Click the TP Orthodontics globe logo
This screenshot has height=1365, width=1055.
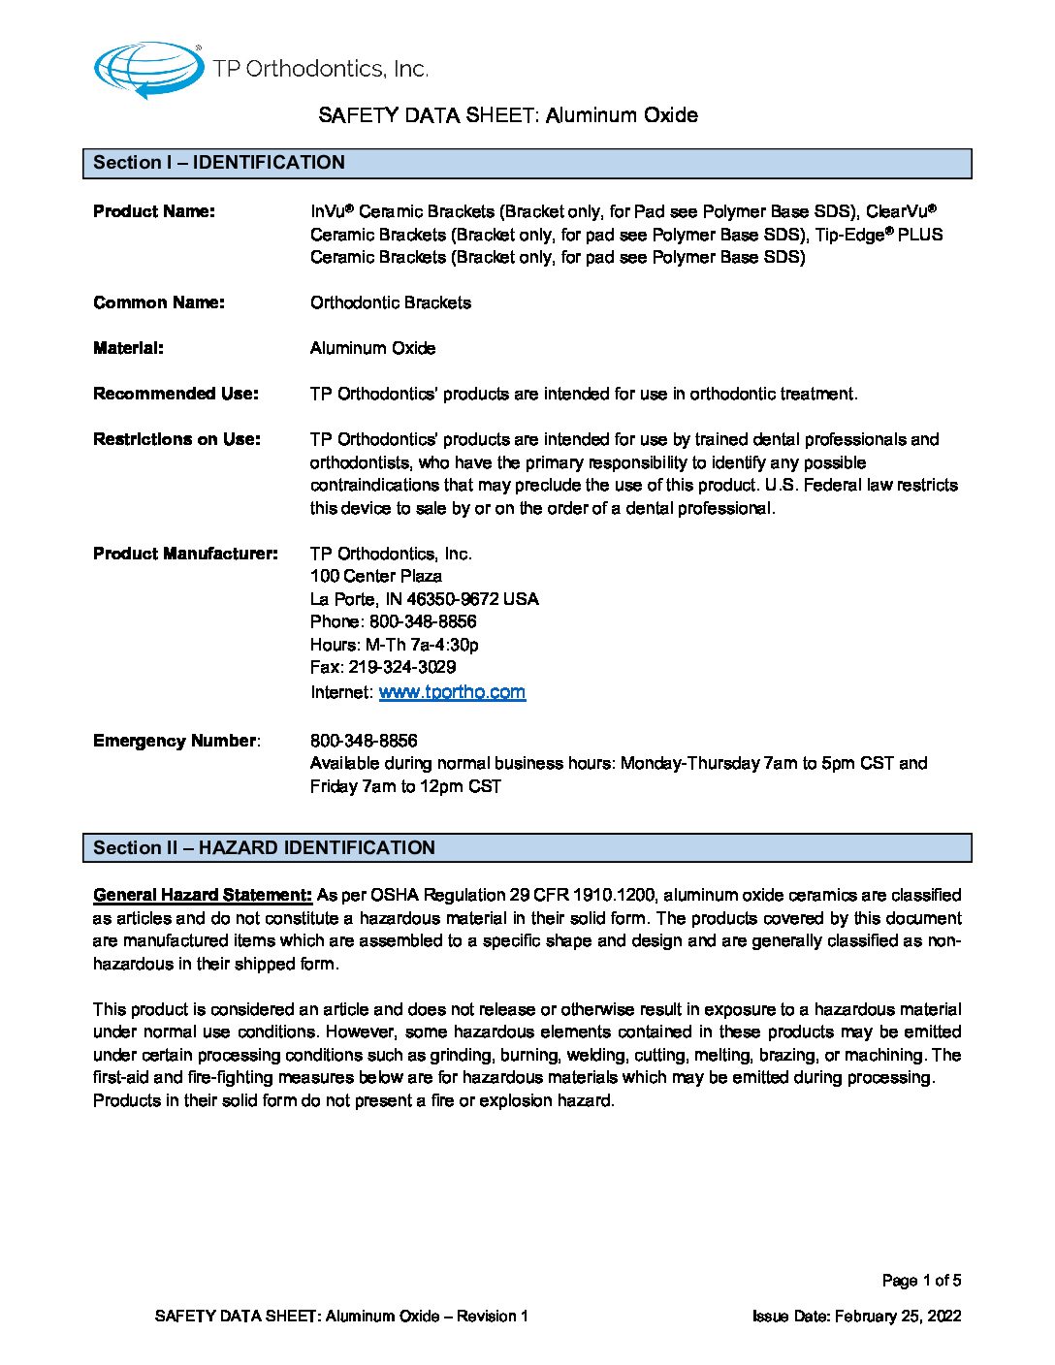tap(148, 69)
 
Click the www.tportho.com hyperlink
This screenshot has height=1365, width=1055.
tap(452, 692)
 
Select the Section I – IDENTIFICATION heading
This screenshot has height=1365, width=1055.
tap(219, 163)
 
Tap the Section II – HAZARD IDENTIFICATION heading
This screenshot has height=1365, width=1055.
tap(264, 847)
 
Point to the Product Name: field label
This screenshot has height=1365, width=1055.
tap(154, 211)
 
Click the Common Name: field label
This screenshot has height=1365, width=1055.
tap(159, 302)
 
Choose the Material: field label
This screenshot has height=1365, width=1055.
tap(129, 348)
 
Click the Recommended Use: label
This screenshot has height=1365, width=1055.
tap(176, 394)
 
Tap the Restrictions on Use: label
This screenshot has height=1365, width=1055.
tap(176, 439)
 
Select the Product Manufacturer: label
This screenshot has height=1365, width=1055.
tap(185, 554)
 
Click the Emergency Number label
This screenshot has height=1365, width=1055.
tap(176, 741)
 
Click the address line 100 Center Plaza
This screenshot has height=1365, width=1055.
tap(376, 576)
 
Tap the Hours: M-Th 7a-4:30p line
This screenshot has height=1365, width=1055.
tap(395, 645)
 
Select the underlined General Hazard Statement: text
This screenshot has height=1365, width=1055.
tap(203, 895)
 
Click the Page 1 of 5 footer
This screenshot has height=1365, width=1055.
tap(921, 1281)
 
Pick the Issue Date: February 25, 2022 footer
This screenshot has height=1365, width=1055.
tap(856, 1316)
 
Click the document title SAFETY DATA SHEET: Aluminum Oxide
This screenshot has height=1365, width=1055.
tap(508, 115)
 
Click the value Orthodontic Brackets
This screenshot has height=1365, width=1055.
tap(391, 302)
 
